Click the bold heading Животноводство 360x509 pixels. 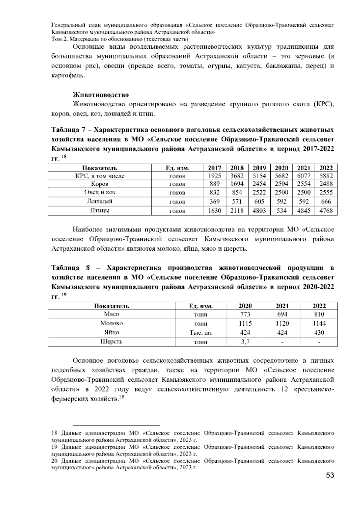tap(101, 95)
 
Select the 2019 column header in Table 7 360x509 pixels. tap(259, 168)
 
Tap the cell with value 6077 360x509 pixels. tap(304, 176)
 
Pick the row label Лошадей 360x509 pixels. tap(100, 201)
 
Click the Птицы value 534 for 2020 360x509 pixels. tap(281, 211)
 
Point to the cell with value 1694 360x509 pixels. tap(237, 184)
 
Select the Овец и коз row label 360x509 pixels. tap(100, 192)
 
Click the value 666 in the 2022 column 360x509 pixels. tap(326, 201)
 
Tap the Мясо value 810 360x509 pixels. tap(319, 314)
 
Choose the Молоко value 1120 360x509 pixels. tap(282, 323)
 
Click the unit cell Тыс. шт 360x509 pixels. tap(201, 333)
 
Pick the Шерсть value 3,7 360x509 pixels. tap(245, 342)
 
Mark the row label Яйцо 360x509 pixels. tap(111, 332)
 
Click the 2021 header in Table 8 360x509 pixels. tap(282, 306)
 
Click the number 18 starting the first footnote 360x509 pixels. tap(55, 433)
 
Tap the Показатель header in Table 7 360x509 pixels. tap(100, 168)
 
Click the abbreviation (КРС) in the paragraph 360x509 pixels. tap(323, 104)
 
